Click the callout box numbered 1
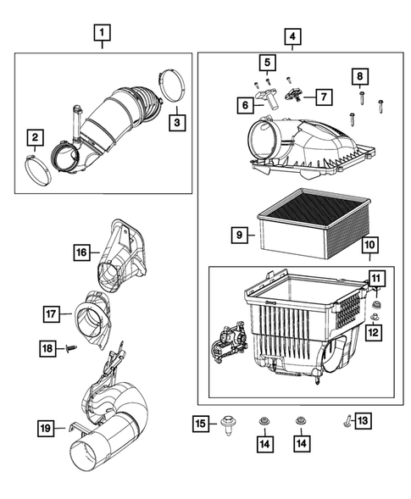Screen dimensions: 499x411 pos(101,35)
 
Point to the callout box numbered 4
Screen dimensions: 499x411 pos(292,36)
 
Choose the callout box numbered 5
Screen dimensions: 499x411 pos(266,63)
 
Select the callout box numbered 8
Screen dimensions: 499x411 pos(359,78)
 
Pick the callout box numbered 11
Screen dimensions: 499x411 pos(375,277)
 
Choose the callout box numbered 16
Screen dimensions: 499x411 pos(81,252)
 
